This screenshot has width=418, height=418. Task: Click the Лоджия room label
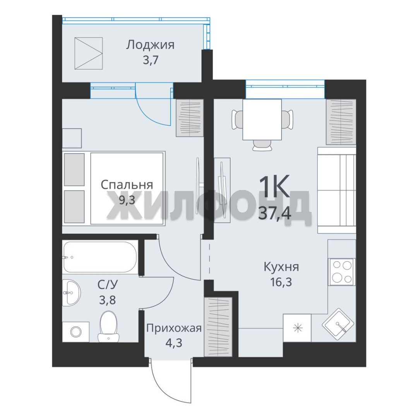coord(150,45)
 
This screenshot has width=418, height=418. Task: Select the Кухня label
coord(281,267)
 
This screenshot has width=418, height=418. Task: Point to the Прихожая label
coord(174,328)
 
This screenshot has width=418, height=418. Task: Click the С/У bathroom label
coord(107,285)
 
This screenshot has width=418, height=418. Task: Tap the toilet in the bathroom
coord(108,326)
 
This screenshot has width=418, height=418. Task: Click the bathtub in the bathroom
coord(101,257)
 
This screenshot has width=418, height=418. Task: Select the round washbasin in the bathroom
coord(71,293)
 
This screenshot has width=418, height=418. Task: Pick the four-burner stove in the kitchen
coord(341,272)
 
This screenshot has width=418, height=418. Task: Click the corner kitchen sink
coord(338,324)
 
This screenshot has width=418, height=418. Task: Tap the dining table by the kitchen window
coord(262,120)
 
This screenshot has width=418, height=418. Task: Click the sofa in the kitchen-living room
coord(336,190)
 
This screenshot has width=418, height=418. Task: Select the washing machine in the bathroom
coord(76,332)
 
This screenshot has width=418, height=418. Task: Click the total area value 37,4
coord(274,213)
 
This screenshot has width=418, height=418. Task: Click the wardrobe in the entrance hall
coord(218,326)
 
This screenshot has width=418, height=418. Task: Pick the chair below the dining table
coord(262,145)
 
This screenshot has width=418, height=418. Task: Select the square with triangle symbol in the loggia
coord(89,53)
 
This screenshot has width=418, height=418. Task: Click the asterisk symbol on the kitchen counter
coord(297,328)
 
